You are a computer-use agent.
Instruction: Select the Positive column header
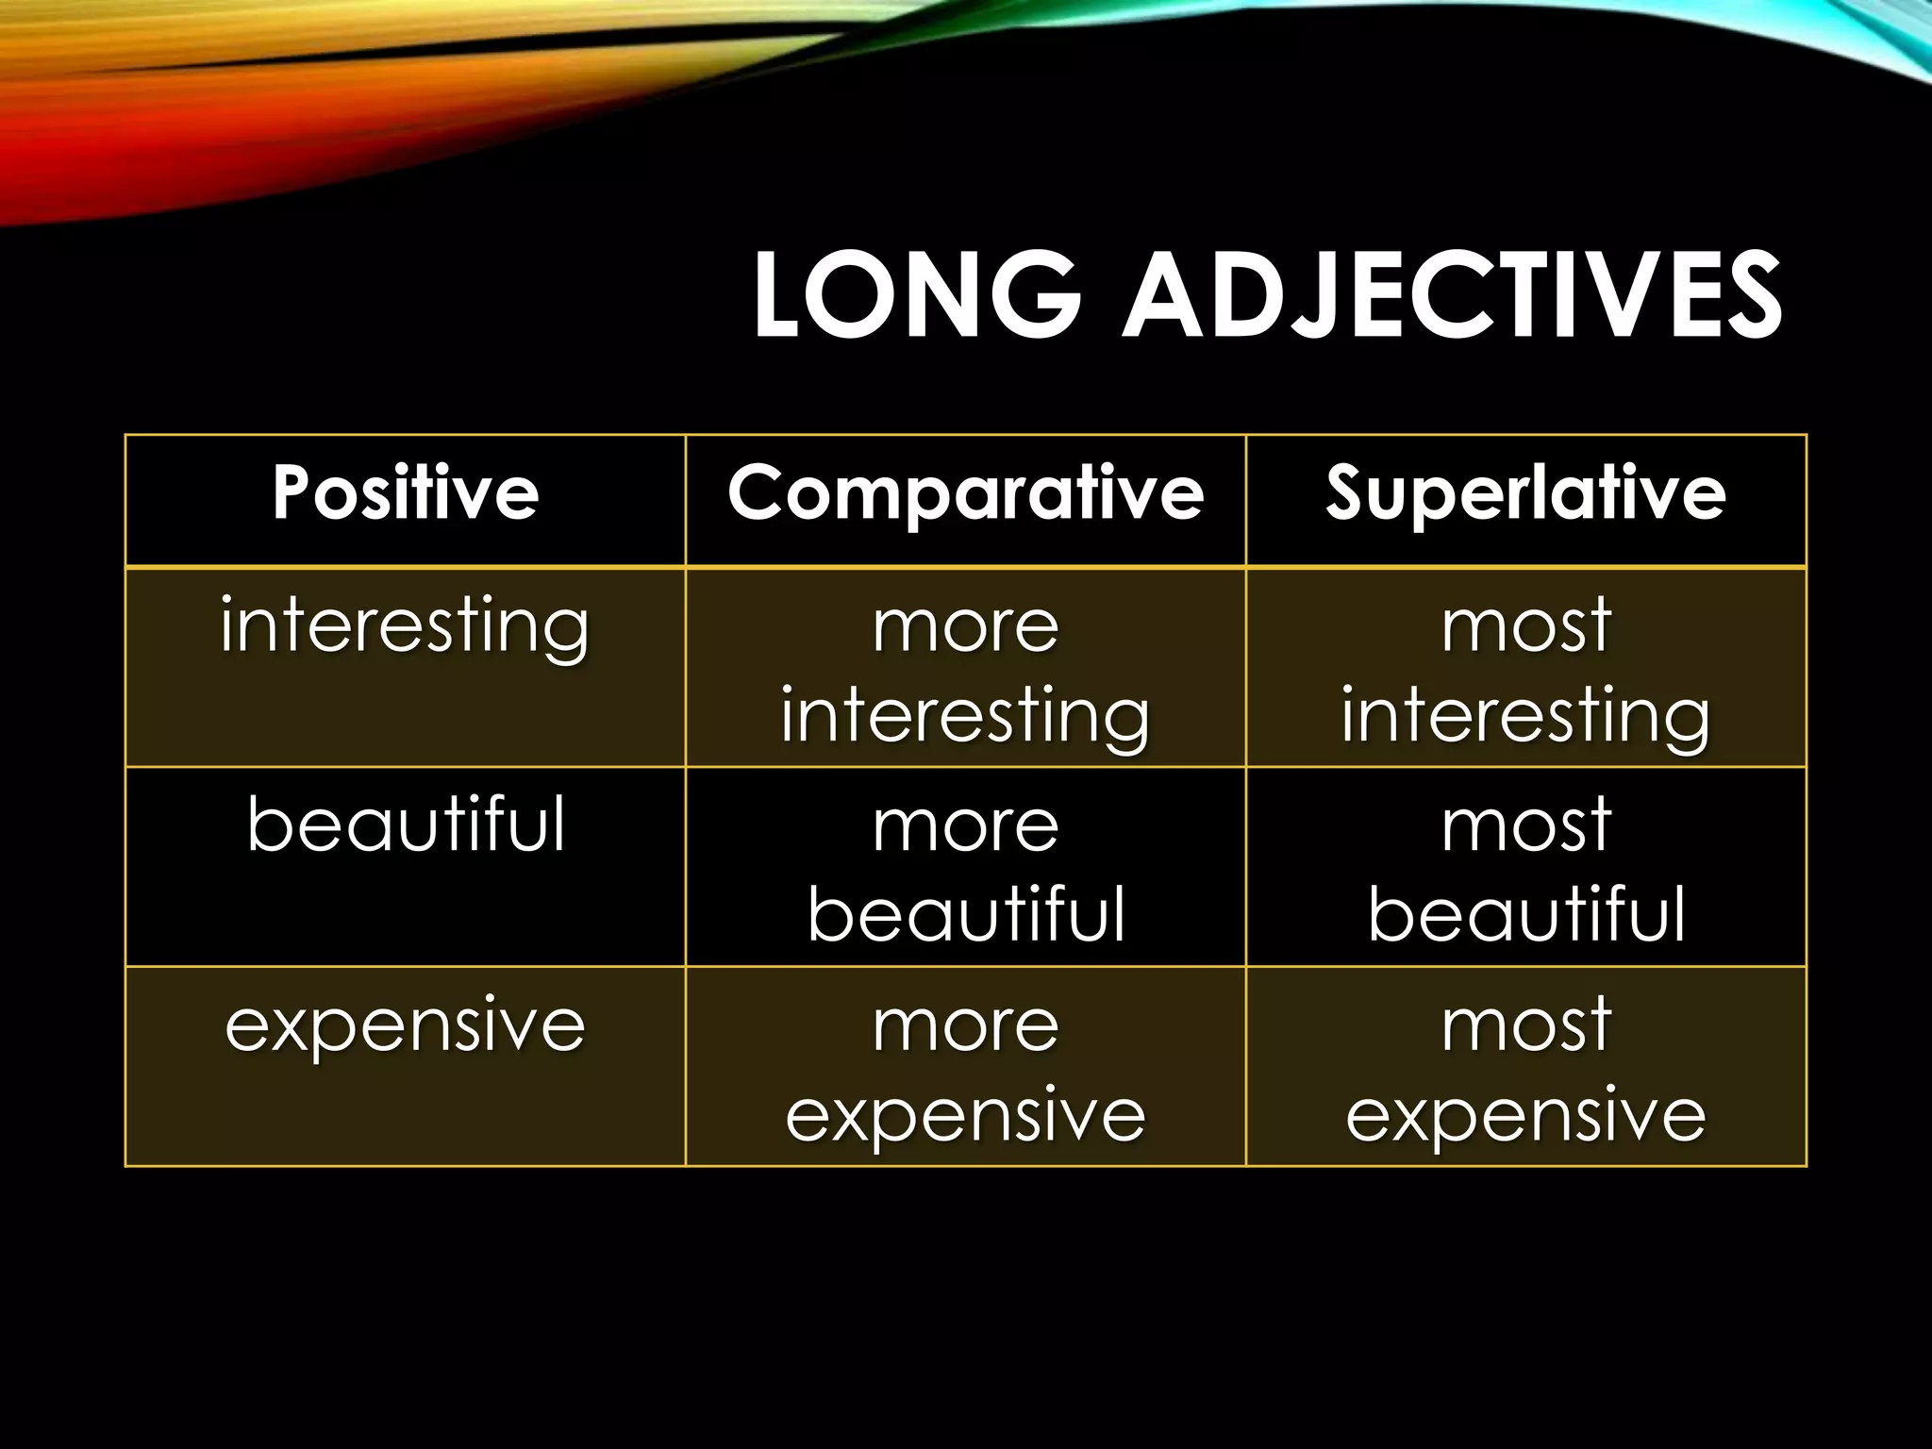406,493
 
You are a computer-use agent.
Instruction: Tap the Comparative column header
965,493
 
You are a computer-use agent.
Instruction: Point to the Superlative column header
1525,493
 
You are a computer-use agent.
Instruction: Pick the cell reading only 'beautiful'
406,824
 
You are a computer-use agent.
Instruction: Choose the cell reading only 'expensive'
406,1025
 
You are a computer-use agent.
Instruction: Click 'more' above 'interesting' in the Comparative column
965,626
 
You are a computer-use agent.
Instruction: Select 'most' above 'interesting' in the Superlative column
1525,626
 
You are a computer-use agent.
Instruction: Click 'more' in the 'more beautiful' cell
965,826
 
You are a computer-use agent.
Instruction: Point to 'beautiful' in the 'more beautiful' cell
965,914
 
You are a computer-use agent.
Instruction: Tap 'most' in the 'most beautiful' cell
1525,826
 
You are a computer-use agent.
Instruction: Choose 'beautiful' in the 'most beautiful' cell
1525,914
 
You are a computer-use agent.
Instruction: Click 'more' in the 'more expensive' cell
965,1026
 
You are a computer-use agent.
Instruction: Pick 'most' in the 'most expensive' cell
1525,1026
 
